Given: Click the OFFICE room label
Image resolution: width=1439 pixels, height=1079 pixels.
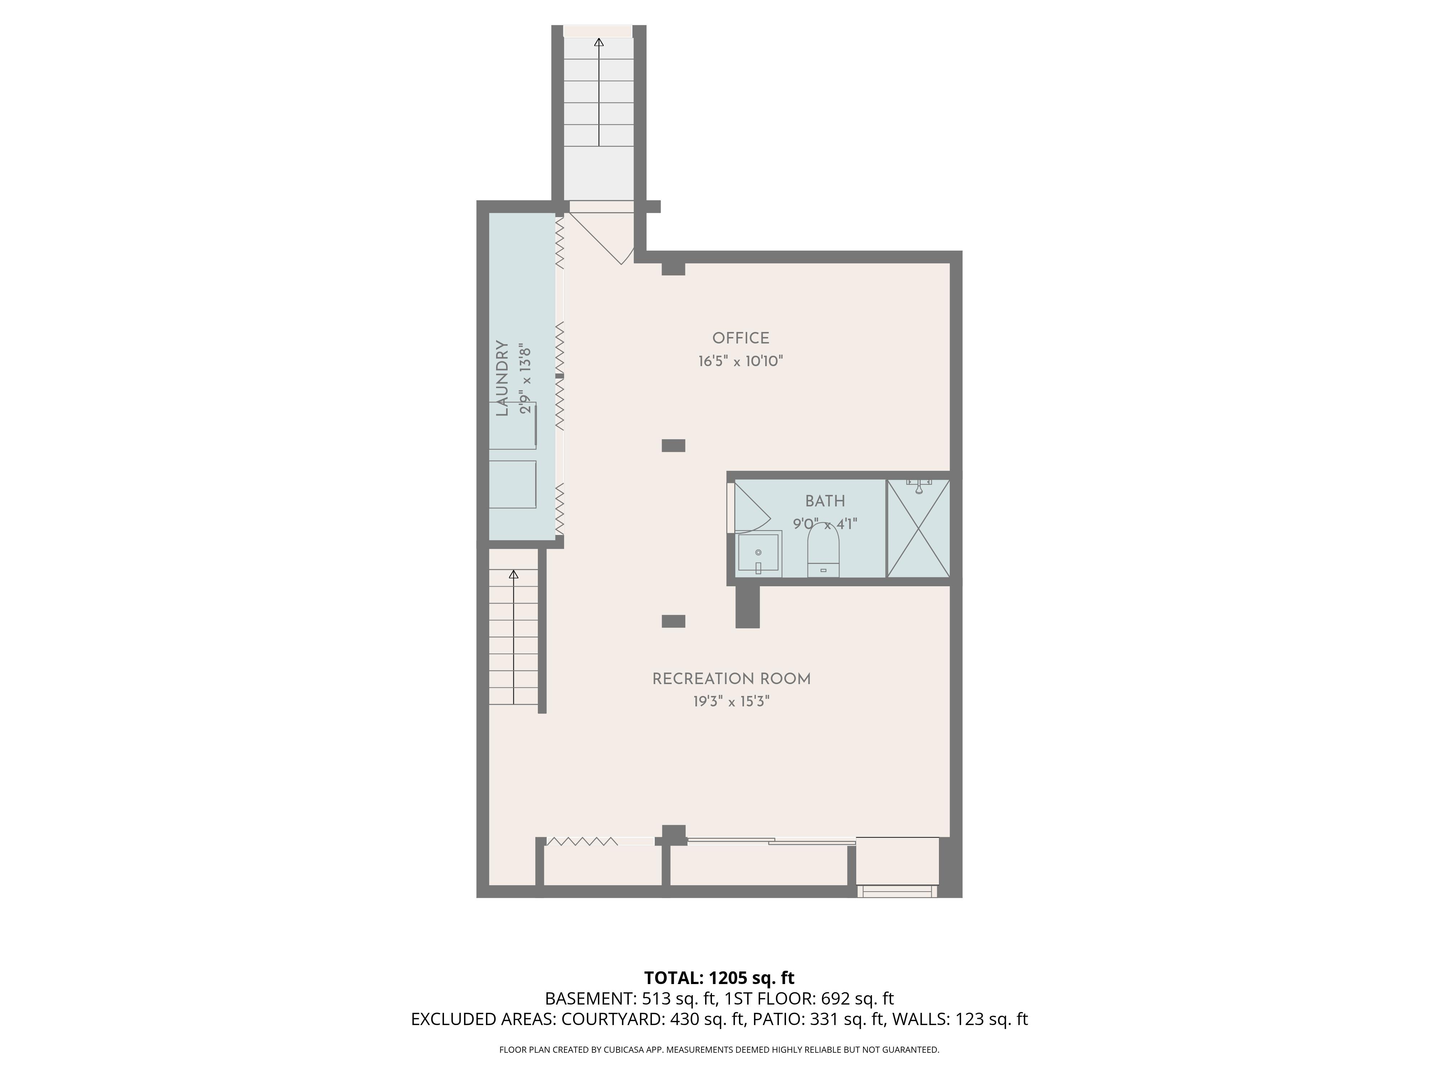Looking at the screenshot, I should [x=740, y=338].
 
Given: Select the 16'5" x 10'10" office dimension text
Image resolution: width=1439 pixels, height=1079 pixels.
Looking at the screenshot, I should [x=740, y=361].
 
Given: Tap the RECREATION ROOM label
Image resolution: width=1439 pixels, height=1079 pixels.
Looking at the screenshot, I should [x=731, y=679].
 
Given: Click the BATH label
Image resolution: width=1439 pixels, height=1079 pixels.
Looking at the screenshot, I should [x=825, y=501].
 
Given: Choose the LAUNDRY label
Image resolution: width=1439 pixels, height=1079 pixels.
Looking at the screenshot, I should [x=501, y=378].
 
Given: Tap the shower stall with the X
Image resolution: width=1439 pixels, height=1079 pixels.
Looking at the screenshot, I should [x=918, y=528].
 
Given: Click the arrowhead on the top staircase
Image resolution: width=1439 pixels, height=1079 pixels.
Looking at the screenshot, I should [x=599, y=42].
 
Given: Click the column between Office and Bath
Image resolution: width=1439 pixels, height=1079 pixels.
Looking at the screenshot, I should [x=673, y=446].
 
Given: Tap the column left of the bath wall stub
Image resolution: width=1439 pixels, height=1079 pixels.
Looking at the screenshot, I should [x=673, y=621].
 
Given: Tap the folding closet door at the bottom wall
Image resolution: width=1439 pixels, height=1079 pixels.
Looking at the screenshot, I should [x=582, y=842].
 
